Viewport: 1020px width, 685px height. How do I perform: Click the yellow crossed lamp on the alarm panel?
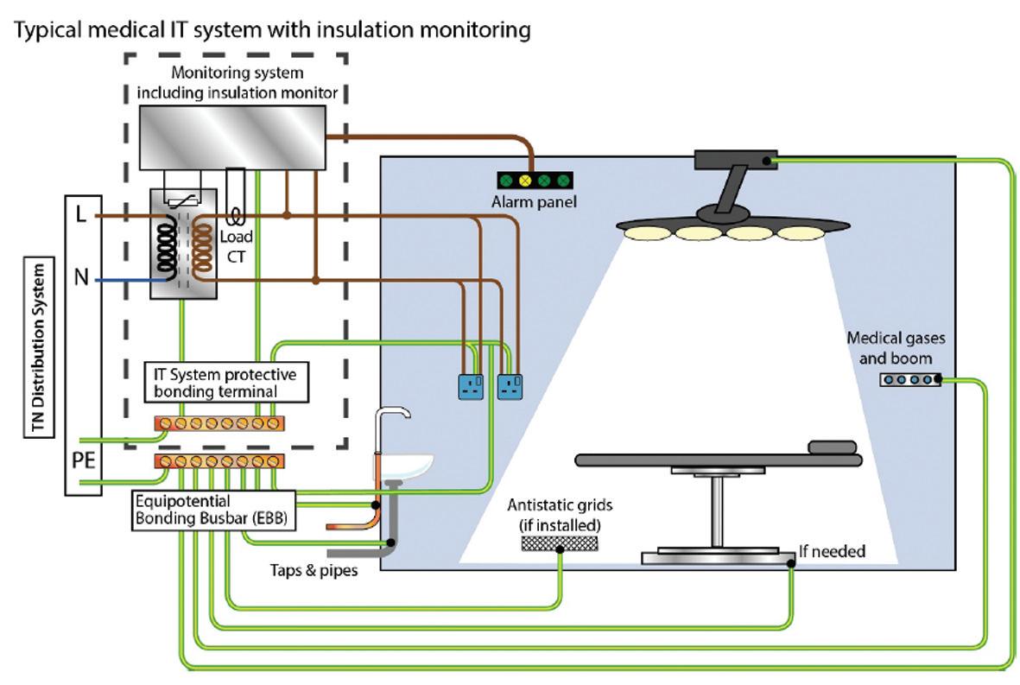(x=523, y=181)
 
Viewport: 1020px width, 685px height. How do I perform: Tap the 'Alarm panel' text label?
(x=535, y=202)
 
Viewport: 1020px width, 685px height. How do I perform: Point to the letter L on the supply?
(x=81, y=215)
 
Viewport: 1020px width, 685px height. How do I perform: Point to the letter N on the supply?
(x=82, y=278)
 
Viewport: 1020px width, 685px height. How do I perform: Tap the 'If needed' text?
(x=832, y=550)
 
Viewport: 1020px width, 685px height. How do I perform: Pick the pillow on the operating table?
(x=833, y=447)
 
